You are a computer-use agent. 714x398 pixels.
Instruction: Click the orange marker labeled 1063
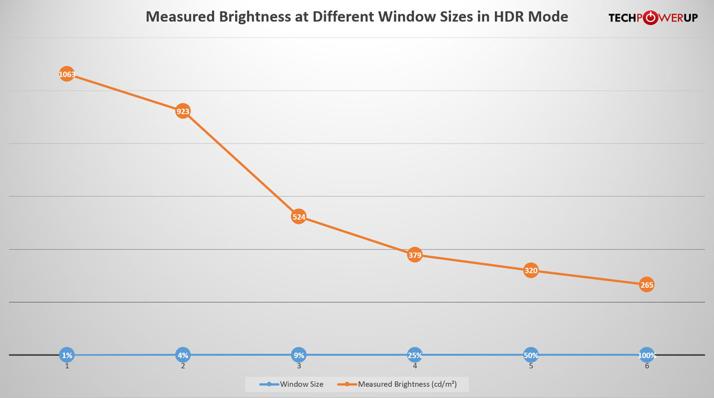click(x=67, y=74)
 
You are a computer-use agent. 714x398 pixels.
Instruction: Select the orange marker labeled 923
click(x=183, y=111)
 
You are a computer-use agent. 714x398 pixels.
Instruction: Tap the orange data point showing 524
click(x=299, y=217)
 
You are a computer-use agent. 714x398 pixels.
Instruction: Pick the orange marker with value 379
click(x=415, y=256)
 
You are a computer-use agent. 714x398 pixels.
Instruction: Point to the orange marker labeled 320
click(x=531, y=271)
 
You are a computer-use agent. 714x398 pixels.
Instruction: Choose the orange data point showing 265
click(x=647, y=285)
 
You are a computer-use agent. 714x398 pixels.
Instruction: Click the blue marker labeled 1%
click(x=67, y=355)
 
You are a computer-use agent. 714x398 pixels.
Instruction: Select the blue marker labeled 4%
click(x=183, y=355)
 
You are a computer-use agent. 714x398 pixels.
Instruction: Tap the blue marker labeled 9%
click(x=299, y=355)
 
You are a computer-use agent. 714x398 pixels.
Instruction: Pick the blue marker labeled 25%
click(x=415, y=355)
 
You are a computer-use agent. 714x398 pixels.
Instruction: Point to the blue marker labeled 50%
click(x=531, y=355)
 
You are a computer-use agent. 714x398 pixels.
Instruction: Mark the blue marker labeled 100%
click(x=647, y=355)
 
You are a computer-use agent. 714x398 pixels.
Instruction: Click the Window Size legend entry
click(x=292, y=384)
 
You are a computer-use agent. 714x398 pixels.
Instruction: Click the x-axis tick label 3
click(x=299, y=366)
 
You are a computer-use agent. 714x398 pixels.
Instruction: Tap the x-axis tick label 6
click(x=647, y=366)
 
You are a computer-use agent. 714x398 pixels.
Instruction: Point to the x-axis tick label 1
click(x=67, y=366)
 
